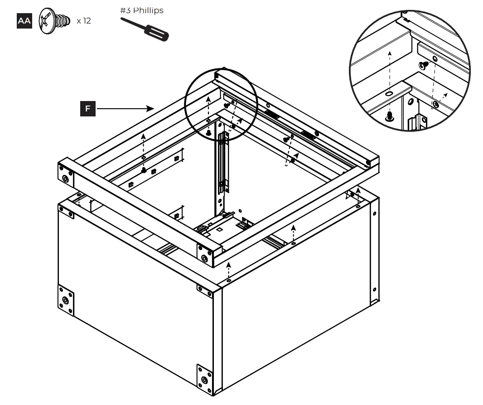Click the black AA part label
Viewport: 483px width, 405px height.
click(x=24, y=21)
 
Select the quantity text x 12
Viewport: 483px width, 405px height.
click(x=83, y=21)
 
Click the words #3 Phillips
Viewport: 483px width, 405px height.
click(x=142, y=10)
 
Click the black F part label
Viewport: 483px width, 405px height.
click(x=88, y=109)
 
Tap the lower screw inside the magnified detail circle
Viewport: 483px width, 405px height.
click(x=388, y=117)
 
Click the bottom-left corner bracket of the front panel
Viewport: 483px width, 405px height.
click(x=67, y=300)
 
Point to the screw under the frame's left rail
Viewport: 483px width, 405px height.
click(x=143, y=170)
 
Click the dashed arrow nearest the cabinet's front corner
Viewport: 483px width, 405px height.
click(x=229, y=272)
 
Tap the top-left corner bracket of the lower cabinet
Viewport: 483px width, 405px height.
click(x=67, y=211)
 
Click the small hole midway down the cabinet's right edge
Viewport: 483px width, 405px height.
click(x=374, y=290)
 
